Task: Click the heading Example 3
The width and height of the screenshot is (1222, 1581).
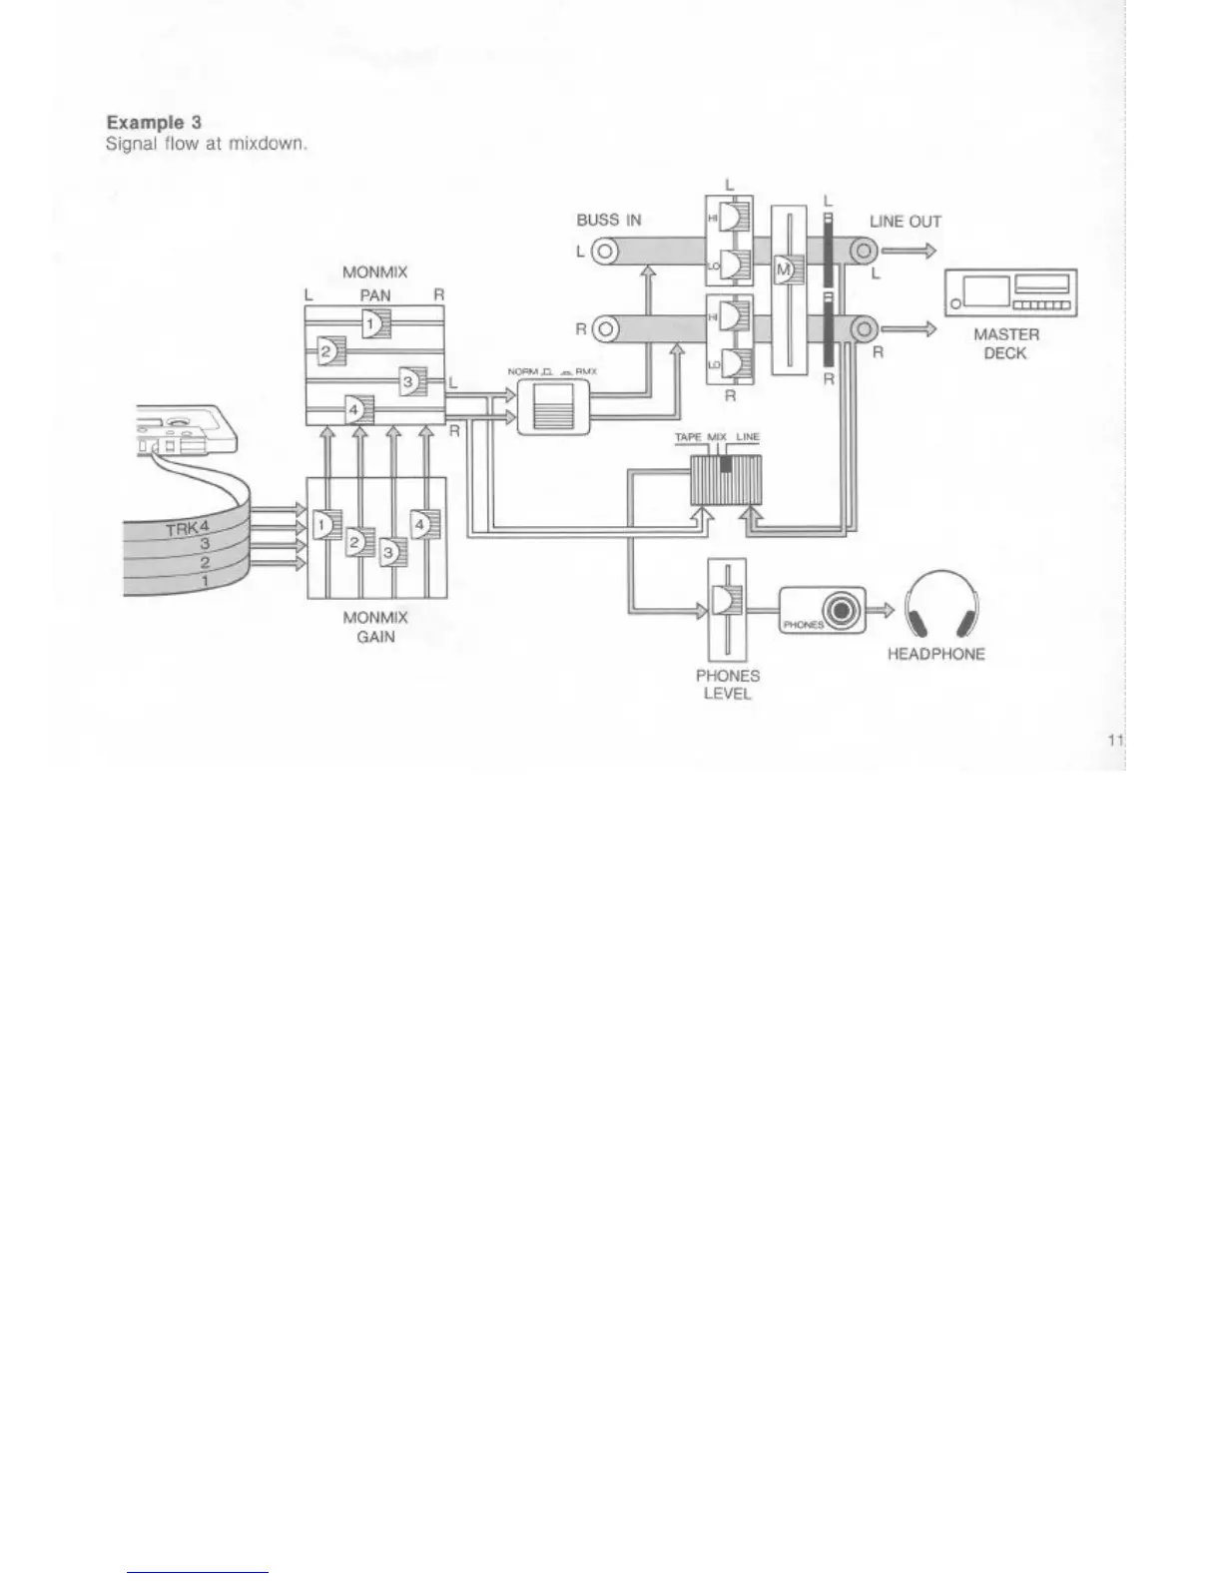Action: [154, 123]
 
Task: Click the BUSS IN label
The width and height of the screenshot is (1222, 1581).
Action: [609, 220]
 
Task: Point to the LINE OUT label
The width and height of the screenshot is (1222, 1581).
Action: [905, 222]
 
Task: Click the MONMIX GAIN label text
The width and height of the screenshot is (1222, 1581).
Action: [375, 627]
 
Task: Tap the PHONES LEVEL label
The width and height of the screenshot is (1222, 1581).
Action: [727, 684]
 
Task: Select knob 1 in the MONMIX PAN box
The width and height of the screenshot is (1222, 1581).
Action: [373, 322]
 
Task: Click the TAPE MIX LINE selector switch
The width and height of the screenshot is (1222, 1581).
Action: [726, 478]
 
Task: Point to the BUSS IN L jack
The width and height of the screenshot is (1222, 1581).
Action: [605, 251]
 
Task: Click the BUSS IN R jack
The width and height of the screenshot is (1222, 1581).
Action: [605, 327]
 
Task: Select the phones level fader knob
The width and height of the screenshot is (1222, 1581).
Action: [720, 601]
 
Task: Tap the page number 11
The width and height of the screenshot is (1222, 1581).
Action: [1115, 739]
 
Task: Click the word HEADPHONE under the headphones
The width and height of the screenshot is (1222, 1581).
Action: [935, 654]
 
